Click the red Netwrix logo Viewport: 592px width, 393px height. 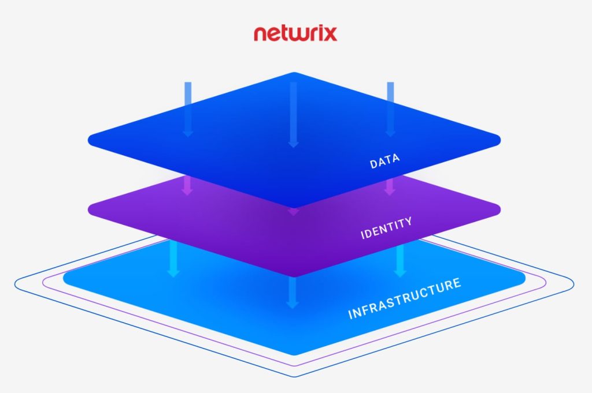(295, 32)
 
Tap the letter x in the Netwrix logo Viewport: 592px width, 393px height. (328, 33)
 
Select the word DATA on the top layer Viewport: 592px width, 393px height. (385, 162)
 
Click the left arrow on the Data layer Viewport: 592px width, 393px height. (187, 109)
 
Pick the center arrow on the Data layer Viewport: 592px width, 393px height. (293, 114)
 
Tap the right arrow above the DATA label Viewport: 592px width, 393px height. (390, 109)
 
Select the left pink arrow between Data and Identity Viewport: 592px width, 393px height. (187, 186)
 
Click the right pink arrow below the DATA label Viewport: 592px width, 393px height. (389, 185)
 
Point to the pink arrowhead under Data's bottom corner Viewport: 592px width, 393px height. (294, 212)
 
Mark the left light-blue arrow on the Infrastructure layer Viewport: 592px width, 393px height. (172, 259)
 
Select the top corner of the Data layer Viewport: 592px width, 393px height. (294, 73)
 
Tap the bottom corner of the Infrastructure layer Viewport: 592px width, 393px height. (294, 353)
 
